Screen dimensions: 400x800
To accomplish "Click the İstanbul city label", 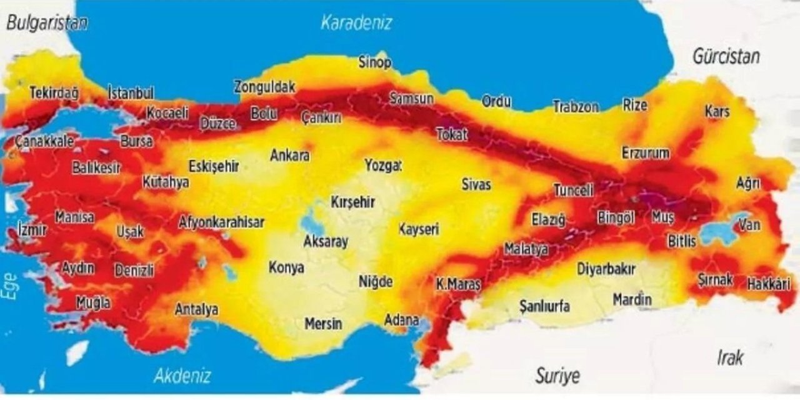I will [131, 93].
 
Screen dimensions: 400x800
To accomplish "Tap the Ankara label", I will [289, 155].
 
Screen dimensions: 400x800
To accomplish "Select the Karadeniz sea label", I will [356, 23].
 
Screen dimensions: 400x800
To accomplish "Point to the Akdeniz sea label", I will [182, 376].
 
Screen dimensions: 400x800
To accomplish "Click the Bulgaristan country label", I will [47, 23].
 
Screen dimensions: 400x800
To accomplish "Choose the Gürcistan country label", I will [726, 56].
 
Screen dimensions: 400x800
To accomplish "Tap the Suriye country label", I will [557, 376].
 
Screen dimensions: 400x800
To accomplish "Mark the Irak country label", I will [730, 357].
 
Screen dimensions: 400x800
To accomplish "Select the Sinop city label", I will [375, 62].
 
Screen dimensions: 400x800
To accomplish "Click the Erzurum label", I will [646, 152].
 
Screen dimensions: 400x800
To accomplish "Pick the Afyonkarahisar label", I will [221, 222].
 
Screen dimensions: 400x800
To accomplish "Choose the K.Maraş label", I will [458, 284].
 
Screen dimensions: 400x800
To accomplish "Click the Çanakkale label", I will [44, 141].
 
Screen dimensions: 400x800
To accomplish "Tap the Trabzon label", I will [576, 107].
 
